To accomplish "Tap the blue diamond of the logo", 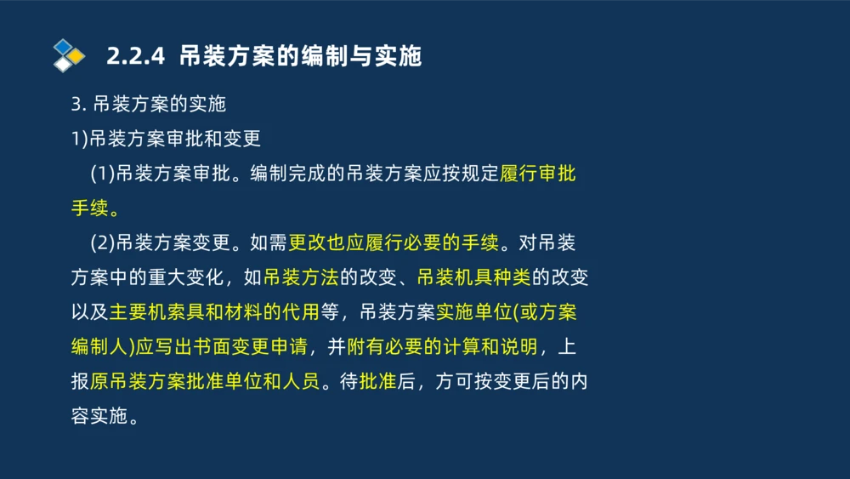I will pyautogui.click(x=62, y=46).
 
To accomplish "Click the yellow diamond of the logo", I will pyautogui.click(x=76, y=56).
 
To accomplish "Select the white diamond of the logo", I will pyautogui.click(x=62, y=65).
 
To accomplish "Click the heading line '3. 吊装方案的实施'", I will pyautogui.click(x=148, y=105).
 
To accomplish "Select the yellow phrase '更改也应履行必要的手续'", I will pyautogui.click(x=394, y=243).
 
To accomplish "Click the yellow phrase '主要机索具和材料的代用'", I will pyautogui.click(x=214, y=312).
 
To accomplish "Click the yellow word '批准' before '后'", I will pyautogui.click(x=378, y=381).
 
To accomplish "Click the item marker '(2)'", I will pyautogui.click(x=102, y=243).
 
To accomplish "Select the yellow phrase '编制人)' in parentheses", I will pyautogui.click(x=102, y=347).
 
